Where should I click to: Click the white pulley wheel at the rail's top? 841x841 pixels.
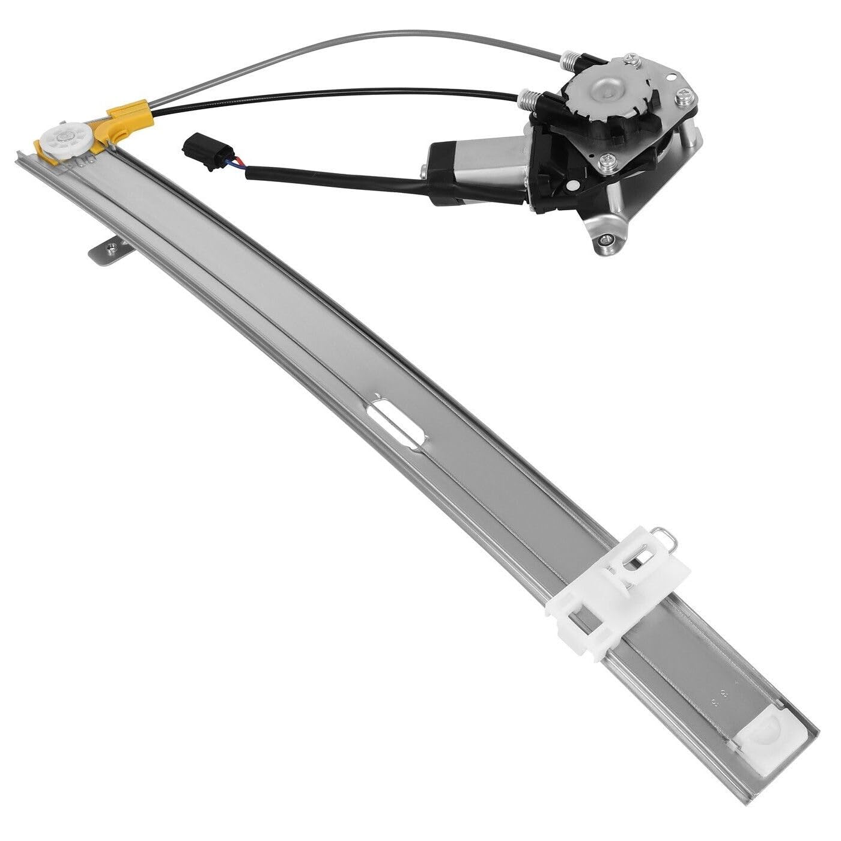point(64,142)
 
